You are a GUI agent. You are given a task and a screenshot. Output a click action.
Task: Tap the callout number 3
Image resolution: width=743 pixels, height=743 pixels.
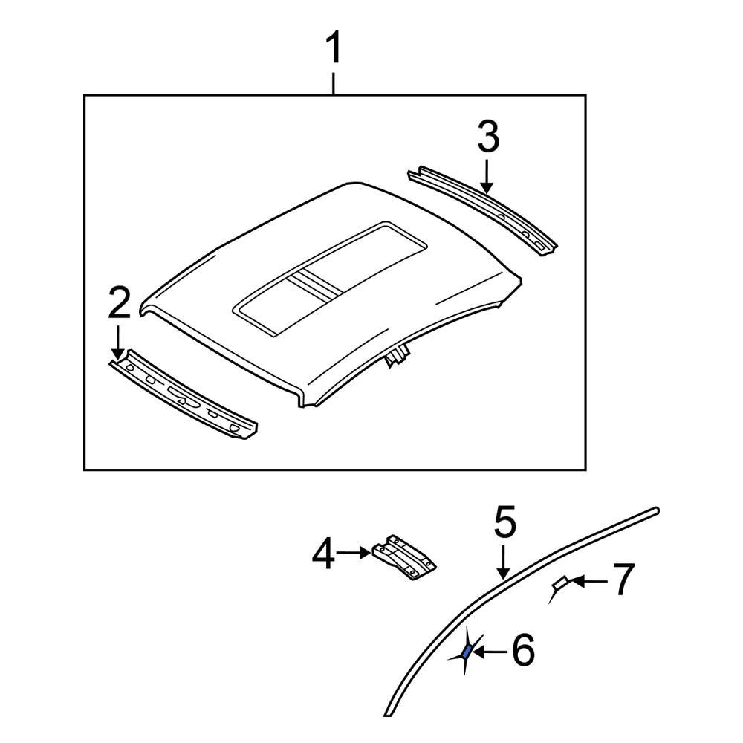pyautogui.click(x=487, y=139)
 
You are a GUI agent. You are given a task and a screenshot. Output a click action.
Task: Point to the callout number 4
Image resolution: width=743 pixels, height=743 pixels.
pyautogui.click(x=323, y=555)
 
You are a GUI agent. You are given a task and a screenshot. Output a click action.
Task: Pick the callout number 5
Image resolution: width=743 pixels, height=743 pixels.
pyautogui.click(x=504, y=522)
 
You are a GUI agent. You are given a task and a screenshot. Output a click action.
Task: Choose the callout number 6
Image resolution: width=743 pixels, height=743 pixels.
pyautogui.click(x=522, y=652)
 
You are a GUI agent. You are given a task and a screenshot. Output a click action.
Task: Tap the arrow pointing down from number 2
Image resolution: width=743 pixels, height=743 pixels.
pyautogui.click(x=117, y=343)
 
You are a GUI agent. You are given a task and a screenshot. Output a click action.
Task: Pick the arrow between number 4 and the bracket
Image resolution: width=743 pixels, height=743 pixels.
pyautogui.click(x=354, y=553)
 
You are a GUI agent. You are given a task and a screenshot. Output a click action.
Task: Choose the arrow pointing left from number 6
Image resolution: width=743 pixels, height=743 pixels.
pyautogui.click(x=488, y=652)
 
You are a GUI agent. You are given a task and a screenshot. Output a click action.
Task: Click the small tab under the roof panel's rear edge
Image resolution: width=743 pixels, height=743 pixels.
pyautogui.click(x=398, y=355)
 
